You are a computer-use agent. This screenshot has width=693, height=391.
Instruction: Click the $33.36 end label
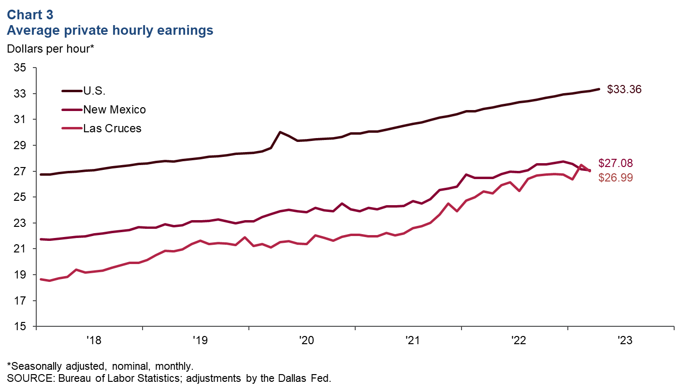(624, 89)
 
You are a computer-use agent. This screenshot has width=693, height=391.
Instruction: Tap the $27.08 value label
(615, 163)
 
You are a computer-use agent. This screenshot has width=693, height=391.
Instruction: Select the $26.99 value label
(615, 178)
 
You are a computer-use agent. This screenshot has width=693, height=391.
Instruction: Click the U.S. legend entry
(94, 90)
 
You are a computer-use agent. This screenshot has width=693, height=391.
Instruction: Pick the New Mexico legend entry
(115, 110)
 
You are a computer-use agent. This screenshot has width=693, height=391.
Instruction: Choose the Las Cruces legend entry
(112, 128)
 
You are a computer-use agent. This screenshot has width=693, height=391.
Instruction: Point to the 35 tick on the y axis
(20, 68)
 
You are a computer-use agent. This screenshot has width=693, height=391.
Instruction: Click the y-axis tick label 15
(20, 327)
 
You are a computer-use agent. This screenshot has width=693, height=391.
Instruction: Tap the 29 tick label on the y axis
(20, 145)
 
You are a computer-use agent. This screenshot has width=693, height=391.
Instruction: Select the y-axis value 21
(20, 249)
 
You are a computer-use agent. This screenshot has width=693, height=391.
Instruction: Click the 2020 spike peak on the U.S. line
(280, 132)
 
